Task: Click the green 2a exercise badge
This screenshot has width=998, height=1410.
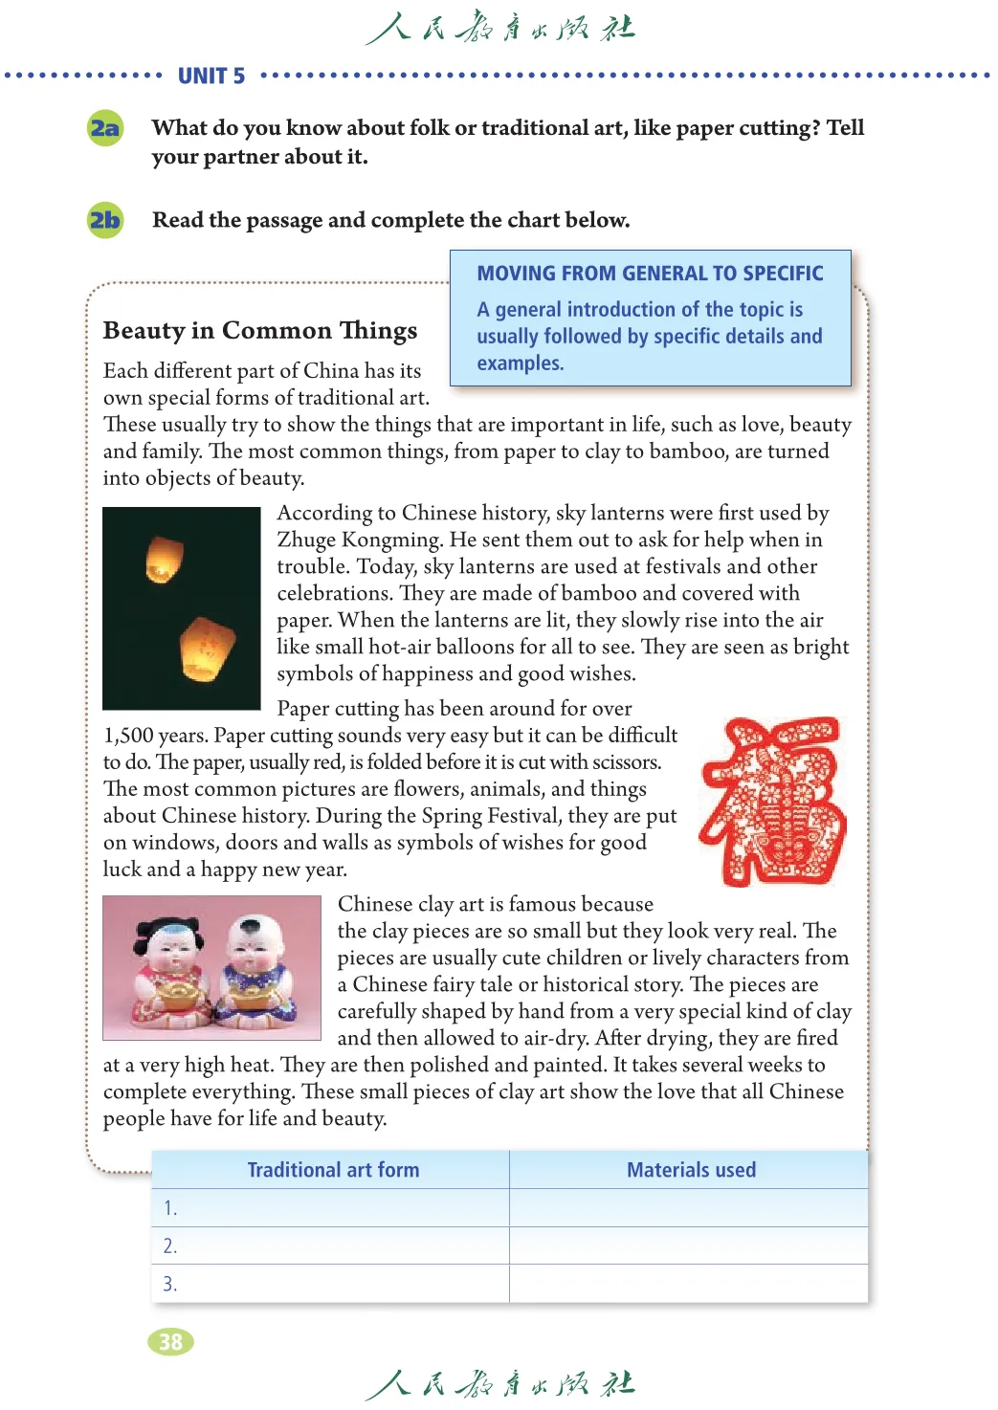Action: point(105,128)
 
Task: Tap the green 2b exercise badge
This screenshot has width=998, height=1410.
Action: point(105,220)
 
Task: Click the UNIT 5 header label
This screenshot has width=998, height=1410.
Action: point(211,77)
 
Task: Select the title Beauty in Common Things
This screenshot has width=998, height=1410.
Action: point(260,330)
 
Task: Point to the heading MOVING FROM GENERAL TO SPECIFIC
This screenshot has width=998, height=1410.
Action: point(650,274)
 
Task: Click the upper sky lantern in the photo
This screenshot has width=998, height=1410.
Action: point(163,559)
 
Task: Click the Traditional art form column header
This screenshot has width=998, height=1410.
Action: point(333,1170)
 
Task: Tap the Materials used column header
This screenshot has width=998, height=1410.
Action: point(691,1170)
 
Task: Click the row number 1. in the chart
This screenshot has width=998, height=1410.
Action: point(170,1208)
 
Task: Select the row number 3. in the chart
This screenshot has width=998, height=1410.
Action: point(170,1284)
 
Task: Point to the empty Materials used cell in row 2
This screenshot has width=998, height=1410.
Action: point(689,1245)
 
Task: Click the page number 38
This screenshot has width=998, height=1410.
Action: point(170,1342)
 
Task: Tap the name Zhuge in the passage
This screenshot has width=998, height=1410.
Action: point(307,540)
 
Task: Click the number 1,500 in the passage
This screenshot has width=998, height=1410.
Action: point(128,736)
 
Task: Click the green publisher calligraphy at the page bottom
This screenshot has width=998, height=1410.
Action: point(499,1384)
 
